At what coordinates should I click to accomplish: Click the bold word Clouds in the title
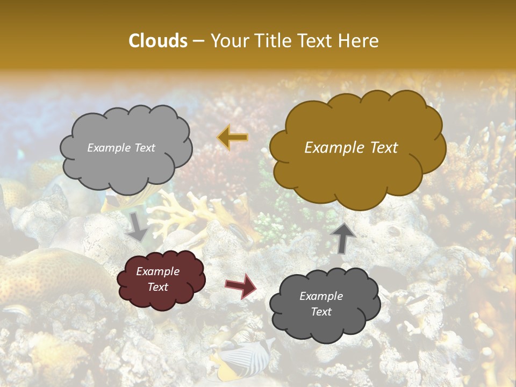pyautogui.click(x=158, y=41)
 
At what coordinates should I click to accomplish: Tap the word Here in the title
pyautogui.click(x=360, y=41)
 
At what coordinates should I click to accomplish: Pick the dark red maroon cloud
pyautogui.click(x=161, y=279)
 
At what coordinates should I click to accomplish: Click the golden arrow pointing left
pyautogui.click(x=232, y=138)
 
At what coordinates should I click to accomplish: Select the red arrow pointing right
pyautogui.click(x=240, y=285)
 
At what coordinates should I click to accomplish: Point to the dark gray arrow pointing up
pyautogui.click(x=343, y=237)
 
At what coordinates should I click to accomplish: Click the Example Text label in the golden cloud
pyautogui.click(x=351, y=148)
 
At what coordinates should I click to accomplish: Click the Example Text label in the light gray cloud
pyautogui.click(x=121, y=148)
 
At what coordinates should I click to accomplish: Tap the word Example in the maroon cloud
pyautogui.click(x=157, y=271)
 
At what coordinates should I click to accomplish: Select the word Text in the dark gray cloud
pyautogui.click(x=321, y=312)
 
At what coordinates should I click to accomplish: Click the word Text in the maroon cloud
pyautogui.click(x=157, y=287)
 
